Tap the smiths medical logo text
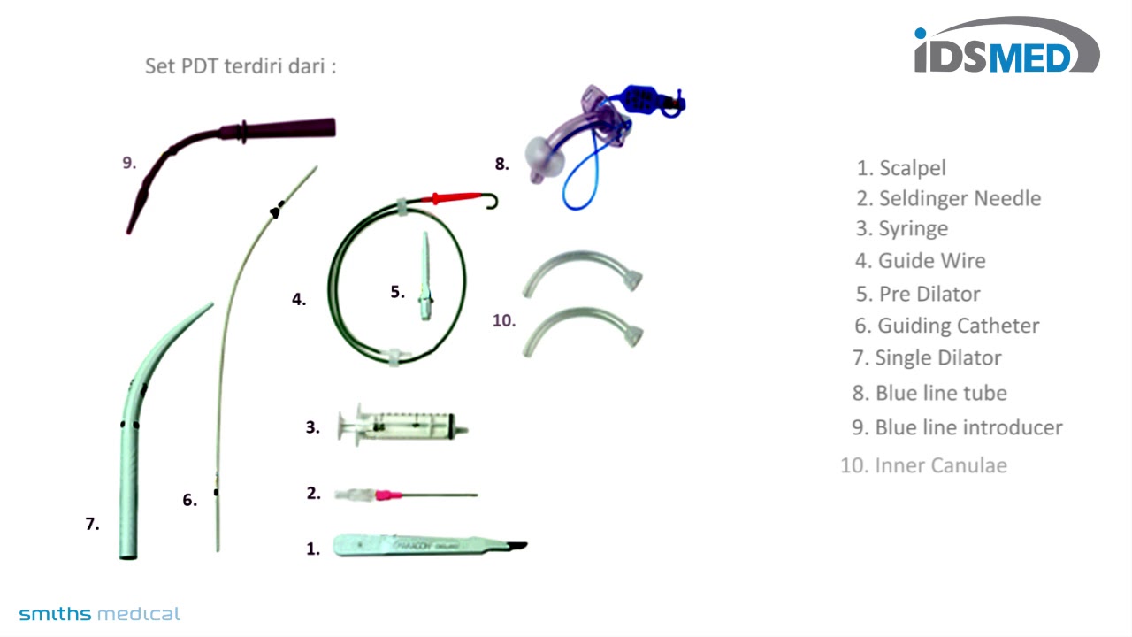tap(99, 614)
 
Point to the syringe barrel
tap(416, 426)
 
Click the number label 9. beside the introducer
tap(129, 162)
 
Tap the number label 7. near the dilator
tap(92, 524)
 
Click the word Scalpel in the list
tap(913, 168)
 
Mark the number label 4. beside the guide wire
tap(299, 299)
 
